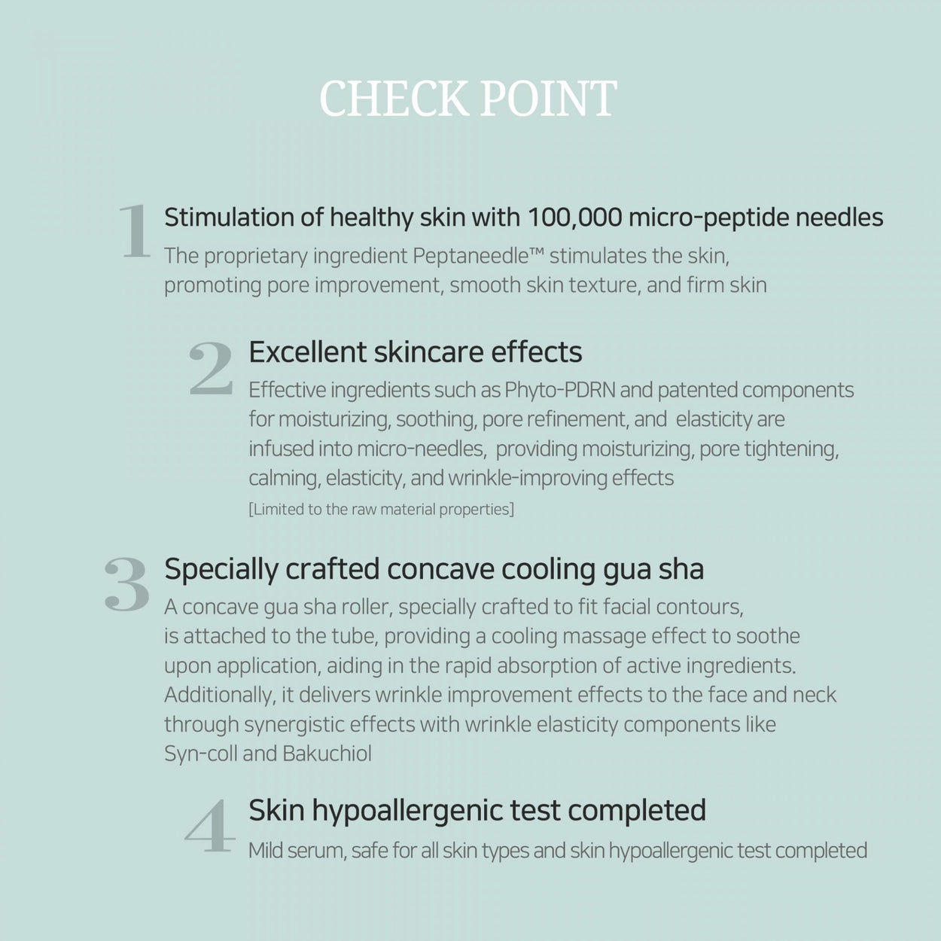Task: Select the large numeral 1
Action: tap(136, 232)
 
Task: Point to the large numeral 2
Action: tap(211, 368)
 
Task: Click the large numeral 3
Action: tap(126, 584)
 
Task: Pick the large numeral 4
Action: tap(210, 827)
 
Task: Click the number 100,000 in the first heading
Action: tap(574, 218)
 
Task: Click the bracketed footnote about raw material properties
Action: tap(381, 510)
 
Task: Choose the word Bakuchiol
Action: tap(327, 754)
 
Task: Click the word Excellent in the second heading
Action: tap(307, 352)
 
